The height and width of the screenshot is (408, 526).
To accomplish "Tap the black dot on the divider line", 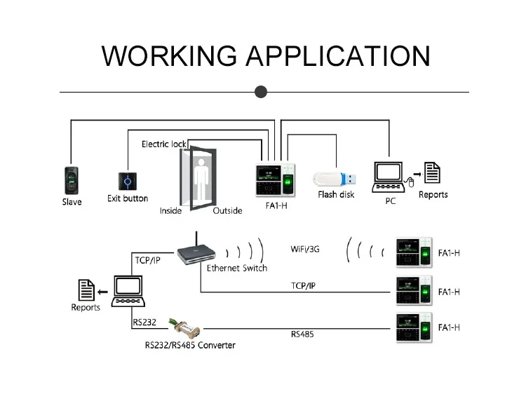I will [x=261, y=92].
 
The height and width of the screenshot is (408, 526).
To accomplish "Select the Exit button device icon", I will [x=127, y=181].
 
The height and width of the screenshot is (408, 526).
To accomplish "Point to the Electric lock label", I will [x=164, y=144].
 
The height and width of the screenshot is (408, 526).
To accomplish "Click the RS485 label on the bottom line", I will [x=302, y=334].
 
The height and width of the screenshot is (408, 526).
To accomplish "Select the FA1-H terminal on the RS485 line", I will [x=412, y=327].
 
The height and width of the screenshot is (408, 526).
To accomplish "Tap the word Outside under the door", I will [x=227, y=210].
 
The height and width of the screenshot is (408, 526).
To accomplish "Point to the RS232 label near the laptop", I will [x=145, y=322].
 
